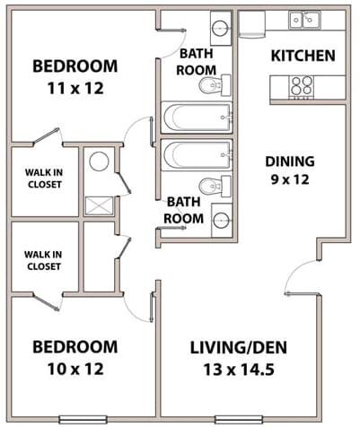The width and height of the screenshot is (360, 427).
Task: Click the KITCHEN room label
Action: [303, 56]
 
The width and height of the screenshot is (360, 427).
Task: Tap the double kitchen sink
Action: [304, 20]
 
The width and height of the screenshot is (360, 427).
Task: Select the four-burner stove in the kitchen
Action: [301, 85]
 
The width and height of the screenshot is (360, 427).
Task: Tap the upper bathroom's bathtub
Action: [197, 118]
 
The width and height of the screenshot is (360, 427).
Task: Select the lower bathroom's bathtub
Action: [197, 154]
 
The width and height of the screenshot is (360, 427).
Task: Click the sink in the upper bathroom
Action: [221, 26]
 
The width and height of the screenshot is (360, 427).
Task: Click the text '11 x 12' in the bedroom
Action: [75, 88]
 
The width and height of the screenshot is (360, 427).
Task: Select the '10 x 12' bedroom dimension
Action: [75, 369]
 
